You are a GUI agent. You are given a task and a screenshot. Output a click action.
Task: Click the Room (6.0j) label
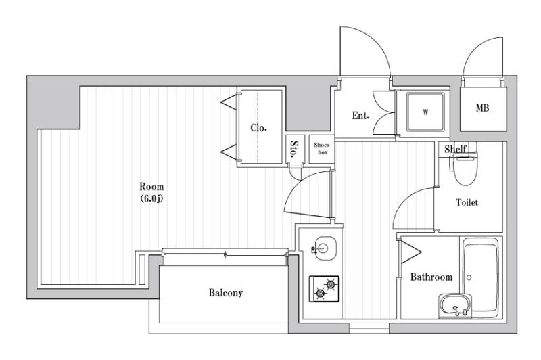pyautogui.click(x=151, y=192)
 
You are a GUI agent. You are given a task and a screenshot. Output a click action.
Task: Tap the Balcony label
pyautogui.click(x=226, y=293)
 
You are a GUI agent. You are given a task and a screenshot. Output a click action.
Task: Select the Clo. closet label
pyautogui.click(x=258, y=128)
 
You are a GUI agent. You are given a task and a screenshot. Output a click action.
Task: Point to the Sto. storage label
pyautogui.click(x=294, y=149)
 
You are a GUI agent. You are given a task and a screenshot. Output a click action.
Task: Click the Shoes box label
pyautogui.click(x=322, y=148)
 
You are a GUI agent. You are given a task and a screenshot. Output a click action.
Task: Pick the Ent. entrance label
pyautogui.click(x=360, y=115)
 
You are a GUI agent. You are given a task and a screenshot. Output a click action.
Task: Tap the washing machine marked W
pyautogui.click(x=425, y=112)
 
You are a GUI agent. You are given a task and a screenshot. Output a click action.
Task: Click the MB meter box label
pyautogui.click(x=482, y=108)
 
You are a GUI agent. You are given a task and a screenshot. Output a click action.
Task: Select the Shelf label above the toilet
pyautogui.click(x=455, y=149)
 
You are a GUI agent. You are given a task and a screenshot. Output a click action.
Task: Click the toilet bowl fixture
pyautogui.click(x=465, y=170)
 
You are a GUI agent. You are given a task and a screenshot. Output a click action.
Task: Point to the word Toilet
pyautogui.click(x=467, y=202)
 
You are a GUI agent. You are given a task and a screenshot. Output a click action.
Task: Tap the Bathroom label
pyautogui.click(x=431, y=277)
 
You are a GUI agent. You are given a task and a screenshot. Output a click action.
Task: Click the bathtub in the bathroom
pyautogui.click(x=480, y=277)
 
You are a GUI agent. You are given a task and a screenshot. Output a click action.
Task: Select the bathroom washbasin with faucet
pyautogui.click(x=455, y=306)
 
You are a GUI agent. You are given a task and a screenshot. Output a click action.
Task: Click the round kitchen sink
pyautogui.click(x=323, y=248)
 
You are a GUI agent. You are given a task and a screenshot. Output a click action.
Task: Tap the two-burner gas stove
pyautogui.click(x=324, y=289)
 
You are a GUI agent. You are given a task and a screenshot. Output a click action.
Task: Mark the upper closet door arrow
pyautogui.click(x=229, y=102)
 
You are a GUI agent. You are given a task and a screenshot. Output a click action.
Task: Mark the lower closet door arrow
pyautogui.click(x=229, y=152)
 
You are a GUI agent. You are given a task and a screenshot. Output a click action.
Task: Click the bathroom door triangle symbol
pyautogui.click(x=410, y=252)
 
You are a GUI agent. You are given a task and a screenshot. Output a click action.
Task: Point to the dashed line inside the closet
pyautogui.click(x=258, y=127)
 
